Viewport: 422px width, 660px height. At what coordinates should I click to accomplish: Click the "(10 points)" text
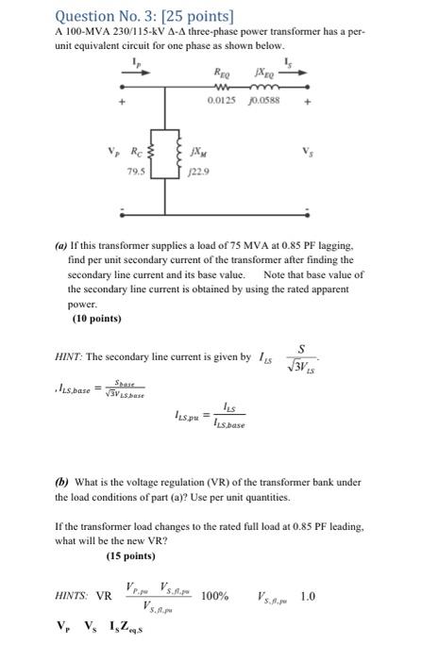coord(96,319)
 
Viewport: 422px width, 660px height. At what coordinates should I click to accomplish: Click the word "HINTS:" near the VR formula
coord(74,596)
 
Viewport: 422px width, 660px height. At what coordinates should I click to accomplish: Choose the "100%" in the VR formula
coord(215,596)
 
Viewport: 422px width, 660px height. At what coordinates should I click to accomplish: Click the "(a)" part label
coord(61,244)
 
